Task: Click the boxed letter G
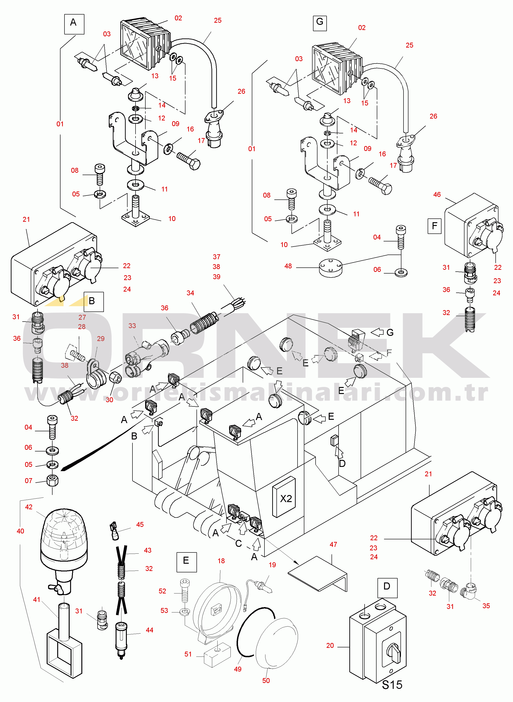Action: pyautogui.click(x=320, y=22)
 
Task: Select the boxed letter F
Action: pyautogui.click(x=434, y=226)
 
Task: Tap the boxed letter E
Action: pyautogui.click(x=186, y=562)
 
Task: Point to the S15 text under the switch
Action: pyautogui.click(x=392, y=685)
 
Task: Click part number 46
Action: pyautogui.click(x=437, y=195)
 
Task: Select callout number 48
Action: pyautogui.click(x=288, y=266)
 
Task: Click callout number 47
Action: pyautogui.click(x=333, y=544)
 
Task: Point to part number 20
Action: pyautogui.click(x=330, y=646)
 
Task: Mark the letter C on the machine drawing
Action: pyautogui.click(x=238, y=543)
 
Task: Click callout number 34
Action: pyautogui.click(x=190, y=293)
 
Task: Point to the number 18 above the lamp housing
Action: pyautogui.click(x=221, y=561)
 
